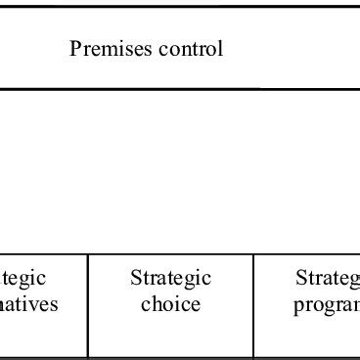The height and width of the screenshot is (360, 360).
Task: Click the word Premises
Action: [x=106, y=49]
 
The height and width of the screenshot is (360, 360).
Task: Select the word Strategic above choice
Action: [x=170, y=279]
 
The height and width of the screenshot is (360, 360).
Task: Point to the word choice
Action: [x=170, y=304]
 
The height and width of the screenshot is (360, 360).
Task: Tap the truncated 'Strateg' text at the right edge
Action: [x=327, y=279]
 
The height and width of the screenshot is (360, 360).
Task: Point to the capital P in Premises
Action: [x=75, y=49]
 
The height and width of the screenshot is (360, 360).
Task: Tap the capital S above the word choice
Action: [x=136, y=279]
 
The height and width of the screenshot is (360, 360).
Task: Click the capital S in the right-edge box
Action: [x=299, y=279]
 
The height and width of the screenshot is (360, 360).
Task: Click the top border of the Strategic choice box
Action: [x=170, y=255]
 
